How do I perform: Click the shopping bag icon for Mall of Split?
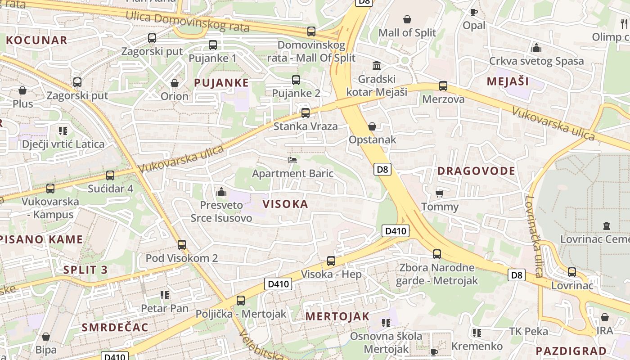pos(407,19)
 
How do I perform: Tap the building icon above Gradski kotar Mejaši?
pos(377,66)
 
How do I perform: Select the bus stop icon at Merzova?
pos(443,86)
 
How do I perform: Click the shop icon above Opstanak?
pos(372,126)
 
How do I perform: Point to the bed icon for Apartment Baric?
pos(292,160)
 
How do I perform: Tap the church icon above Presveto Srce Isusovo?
pos(221,192)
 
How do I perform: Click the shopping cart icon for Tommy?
pos(440,194)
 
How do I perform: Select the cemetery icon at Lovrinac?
pos(606,226)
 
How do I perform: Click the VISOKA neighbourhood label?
pos(285,204)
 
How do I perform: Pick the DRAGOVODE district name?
pos(476,171)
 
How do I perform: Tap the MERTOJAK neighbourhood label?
pos(337,316)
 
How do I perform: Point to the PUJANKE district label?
pos(221,83)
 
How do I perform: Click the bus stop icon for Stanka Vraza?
pos(306,113)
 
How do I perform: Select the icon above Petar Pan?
pos(164,295)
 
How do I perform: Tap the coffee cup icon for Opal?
pos(473,12)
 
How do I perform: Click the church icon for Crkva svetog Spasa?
pos(536,48)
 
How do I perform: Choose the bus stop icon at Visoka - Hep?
pos(331,261)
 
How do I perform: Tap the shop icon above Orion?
pos(175,83)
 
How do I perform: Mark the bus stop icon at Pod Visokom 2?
pos(182,245)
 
